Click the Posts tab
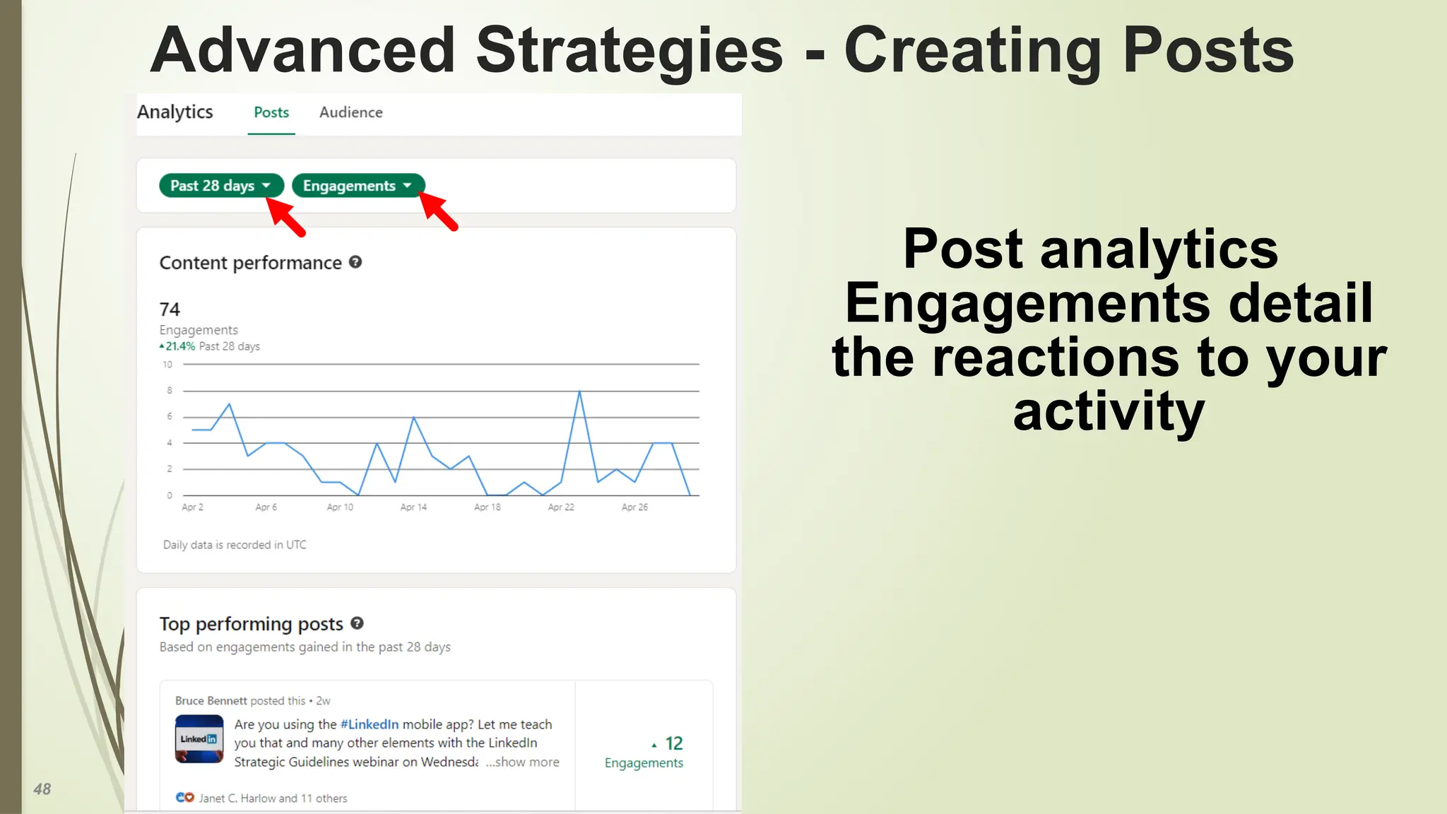pos(271,112)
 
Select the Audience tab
pos(350,112)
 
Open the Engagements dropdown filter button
pos(358,186)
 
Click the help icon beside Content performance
pos(355,262)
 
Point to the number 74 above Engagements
pos(170,309)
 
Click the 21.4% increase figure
pos(179,346)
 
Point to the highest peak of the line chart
pos(579,391)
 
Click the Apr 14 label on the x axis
pos(413,507)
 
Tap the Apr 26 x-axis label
pos(634,507)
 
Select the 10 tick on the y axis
pos(167,365)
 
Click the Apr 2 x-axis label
pos(192,507)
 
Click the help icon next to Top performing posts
pos(357,623)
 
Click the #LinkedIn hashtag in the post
pos(369,724)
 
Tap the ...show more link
pos(522,762)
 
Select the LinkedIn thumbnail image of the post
pos(199,739)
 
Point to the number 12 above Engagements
pos(673,743)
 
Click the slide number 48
pos(42,789)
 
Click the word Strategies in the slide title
pos(629,51)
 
